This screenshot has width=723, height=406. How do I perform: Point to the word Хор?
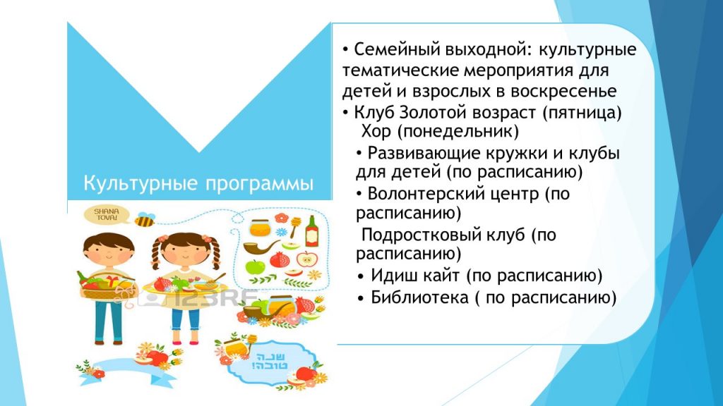(x=376, y=132)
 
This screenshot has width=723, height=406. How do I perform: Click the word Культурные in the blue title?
(x=141, y=183)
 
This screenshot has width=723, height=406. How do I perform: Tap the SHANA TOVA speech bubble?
(x=107, y=214)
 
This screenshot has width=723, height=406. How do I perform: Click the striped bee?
(x=145, y=220)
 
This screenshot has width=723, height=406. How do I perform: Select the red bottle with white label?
(x=311, y=230)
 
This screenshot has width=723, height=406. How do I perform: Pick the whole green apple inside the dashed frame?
(x=255, y=266)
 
